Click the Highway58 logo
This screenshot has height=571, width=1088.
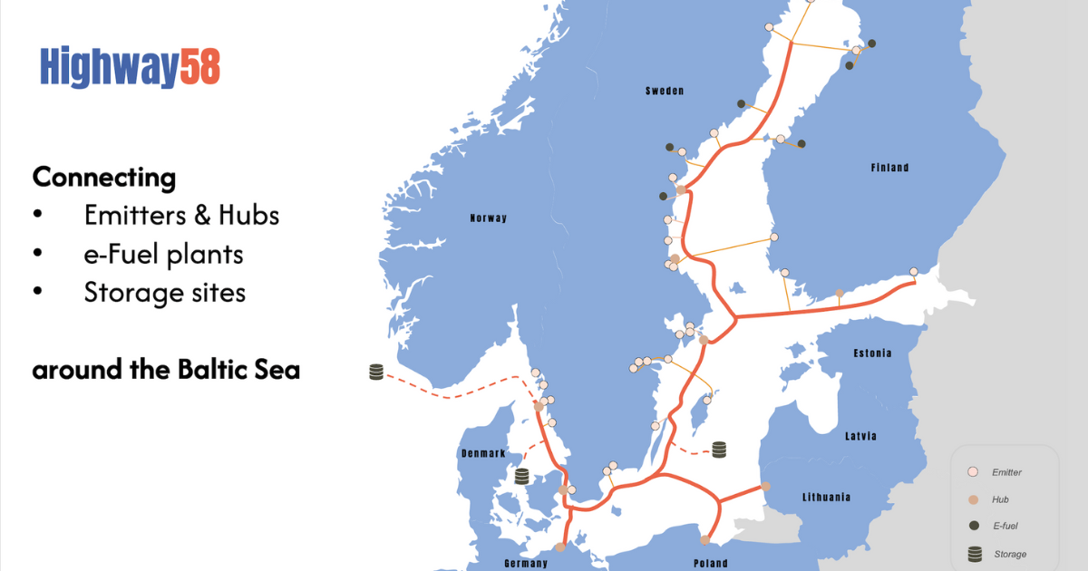click(x=130, y=67)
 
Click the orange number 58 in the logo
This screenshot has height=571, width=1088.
click(x=199, y=67)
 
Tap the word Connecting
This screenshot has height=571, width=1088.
click(x=104, y=177)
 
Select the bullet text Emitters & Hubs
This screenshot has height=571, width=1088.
click(x=181, y=216)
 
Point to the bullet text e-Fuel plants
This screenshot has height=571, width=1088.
click(x=163, y=255)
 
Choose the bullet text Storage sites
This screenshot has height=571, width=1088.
click(x=164, y=293)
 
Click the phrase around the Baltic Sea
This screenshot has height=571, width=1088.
click(x=166, y=371)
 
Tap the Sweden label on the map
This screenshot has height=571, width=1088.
click(x=665, y=92)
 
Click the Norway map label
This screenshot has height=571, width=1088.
click(x=489, y=218)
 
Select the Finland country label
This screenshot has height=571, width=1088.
click(x=889, y=168)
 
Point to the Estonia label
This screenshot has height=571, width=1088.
click(x=872, y=353)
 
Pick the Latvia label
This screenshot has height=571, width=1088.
click(x=860, y=436)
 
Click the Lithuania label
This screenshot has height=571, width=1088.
click(x=827, y=497)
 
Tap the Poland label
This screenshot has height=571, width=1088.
click(x=710, y=563)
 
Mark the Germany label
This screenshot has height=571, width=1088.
click(x=526, y=563)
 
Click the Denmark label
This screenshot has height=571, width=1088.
click(x=481, y=453)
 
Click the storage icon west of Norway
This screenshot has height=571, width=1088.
click(x=377, y=372)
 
